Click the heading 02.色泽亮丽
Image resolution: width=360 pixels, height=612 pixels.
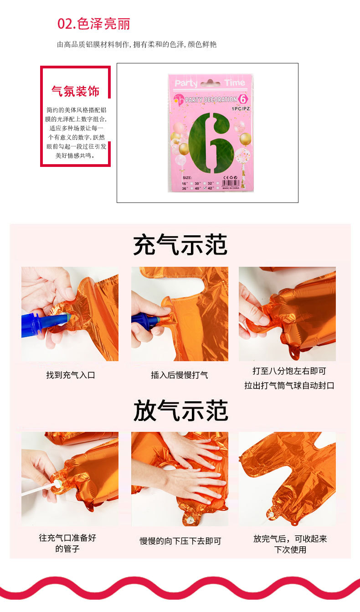(x=93, y=24)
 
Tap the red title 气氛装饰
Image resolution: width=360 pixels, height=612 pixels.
(x=76, y=91)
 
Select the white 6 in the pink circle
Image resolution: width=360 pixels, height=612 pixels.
(x=243, y=99)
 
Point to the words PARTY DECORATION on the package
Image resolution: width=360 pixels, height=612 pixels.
(x=211, y=99)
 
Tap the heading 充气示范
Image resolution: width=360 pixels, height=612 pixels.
(x=180, y=245)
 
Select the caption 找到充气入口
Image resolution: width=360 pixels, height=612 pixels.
(x=70, y=375)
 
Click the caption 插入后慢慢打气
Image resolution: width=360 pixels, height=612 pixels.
(x=180, y=375)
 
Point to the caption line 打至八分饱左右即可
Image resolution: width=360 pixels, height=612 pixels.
(x=289, y=371)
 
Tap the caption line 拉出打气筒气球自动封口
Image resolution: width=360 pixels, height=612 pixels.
(x=289, y=385)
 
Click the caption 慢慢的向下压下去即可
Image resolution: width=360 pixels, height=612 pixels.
(x=180, y=541)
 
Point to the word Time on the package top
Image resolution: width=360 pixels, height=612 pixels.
(x=234, y=83)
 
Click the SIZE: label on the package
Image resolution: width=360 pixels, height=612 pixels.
(x=187, y=177)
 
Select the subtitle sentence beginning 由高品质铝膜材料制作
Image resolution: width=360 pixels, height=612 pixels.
(x=137, y=44)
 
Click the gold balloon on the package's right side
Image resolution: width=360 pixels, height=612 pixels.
(x=245, y=139)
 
